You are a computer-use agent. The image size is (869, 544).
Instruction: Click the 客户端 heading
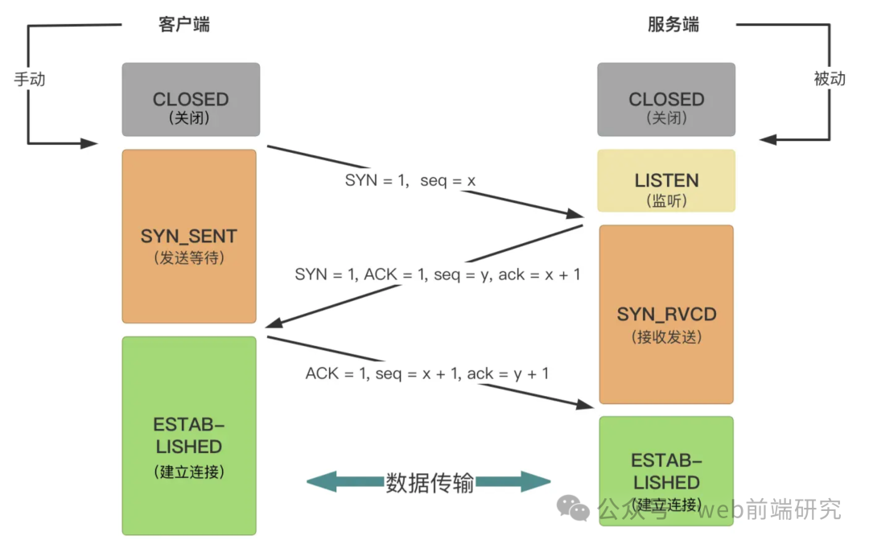click(184, 24)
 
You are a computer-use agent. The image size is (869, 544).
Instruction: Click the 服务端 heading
click(673, 24)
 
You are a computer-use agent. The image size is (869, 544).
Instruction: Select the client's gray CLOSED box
click(191, 100)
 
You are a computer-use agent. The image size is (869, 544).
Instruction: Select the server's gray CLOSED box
click(666, 100)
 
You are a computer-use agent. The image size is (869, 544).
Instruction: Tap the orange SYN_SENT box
click(189, 236)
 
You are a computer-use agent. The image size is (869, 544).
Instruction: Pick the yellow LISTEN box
click(666, 180)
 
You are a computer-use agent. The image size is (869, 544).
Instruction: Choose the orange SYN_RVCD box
click(666, 314)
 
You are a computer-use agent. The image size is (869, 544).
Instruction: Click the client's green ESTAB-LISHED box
click(189, 435)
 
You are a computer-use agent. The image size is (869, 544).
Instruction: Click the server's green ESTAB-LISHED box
click(666, 471)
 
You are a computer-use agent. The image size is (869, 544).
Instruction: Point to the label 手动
click(30, 80)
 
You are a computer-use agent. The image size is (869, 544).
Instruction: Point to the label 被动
click(830, 79)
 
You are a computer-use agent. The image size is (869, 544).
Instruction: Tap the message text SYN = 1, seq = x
click(410, 181)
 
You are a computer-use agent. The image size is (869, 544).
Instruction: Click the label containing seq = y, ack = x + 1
click(438, 274)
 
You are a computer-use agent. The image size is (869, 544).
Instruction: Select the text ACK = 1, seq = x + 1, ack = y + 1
click(427, 373)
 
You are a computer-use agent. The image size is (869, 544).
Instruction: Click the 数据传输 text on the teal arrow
click(430, 483)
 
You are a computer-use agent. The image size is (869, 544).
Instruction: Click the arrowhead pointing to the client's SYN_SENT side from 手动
click(90, 144)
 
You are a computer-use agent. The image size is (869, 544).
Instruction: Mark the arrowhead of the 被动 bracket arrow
click(768, 139)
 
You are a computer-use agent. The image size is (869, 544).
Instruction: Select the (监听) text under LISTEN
click(666, 201)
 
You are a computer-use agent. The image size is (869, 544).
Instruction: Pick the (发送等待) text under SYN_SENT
click(188, 258)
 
